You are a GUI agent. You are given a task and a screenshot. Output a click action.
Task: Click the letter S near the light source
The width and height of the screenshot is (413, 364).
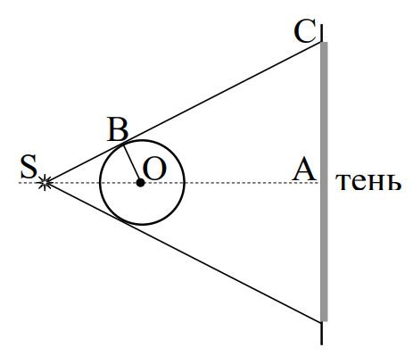[x=29, y=166]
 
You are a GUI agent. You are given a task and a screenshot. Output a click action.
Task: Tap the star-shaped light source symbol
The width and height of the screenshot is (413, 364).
[x=45, y=182]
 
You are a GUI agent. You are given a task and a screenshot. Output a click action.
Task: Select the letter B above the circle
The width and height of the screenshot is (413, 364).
[x=118, y=129]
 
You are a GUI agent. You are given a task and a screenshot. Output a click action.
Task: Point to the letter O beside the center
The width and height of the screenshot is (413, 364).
[x=154, y=169]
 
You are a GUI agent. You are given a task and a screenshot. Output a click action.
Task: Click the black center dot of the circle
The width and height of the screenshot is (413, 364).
[x=140, y=183]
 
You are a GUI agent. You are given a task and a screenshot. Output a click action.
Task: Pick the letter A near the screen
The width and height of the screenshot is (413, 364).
[x=303, y=169]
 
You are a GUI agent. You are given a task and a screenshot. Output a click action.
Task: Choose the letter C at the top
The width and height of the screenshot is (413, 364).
[x=304, y=32]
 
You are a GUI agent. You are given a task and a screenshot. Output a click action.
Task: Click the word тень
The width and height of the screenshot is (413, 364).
[x=368, y=181]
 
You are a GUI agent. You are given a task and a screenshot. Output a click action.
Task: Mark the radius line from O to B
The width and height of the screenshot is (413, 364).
[x=132, y=163]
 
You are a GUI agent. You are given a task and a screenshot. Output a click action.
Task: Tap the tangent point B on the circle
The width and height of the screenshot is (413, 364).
[x=123, y=145]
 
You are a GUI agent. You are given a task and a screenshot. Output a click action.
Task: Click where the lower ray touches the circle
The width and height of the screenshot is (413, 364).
[x=123, y=221]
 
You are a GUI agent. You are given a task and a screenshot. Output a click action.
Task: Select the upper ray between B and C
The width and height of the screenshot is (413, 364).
[x=222, y=93]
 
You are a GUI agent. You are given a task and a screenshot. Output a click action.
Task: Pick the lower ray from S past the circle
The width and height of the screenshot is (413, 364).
[x=184, y=252]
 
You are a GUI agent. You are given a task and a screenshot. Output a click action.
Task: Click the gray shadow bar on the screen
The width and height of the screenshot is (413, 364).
[x=324, y=182]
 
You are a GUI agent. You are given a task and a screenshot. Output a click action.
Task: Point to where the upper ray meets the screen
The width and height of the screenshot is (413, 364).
[x=321, y=43]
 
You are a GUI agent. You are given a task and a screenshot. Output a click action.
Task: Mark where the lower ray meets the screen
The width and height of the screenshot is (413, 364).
[x=321, y=322]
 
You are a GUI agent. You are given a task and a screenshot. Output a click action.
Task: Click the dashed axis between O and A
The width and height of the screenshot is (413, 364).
[x=231, y=183]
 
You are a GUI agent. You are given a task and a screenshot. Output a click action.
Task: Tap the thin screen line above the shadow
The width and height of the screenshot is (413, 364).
[x=322, y=33]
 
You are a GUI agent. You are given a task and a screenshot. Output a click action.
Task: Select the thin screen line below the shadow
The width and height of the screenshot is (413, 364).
[x=322, y=334]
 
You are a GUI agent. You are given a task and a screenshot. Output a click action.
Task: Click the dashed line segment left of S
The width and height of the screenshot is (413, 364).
[x=29, y=183]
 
